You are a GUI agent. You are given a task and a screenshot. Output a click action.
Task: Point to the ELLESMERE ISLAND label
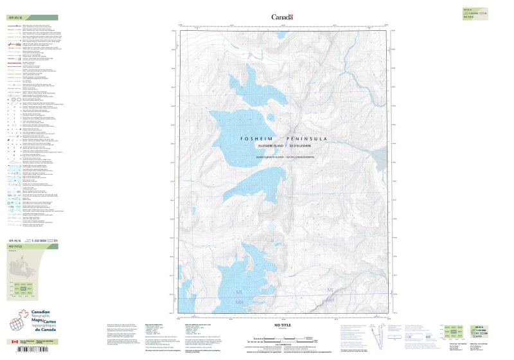[265, 146]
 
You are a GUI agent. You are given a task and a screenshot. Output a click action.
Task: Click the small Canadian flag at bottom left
[14, 343]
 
